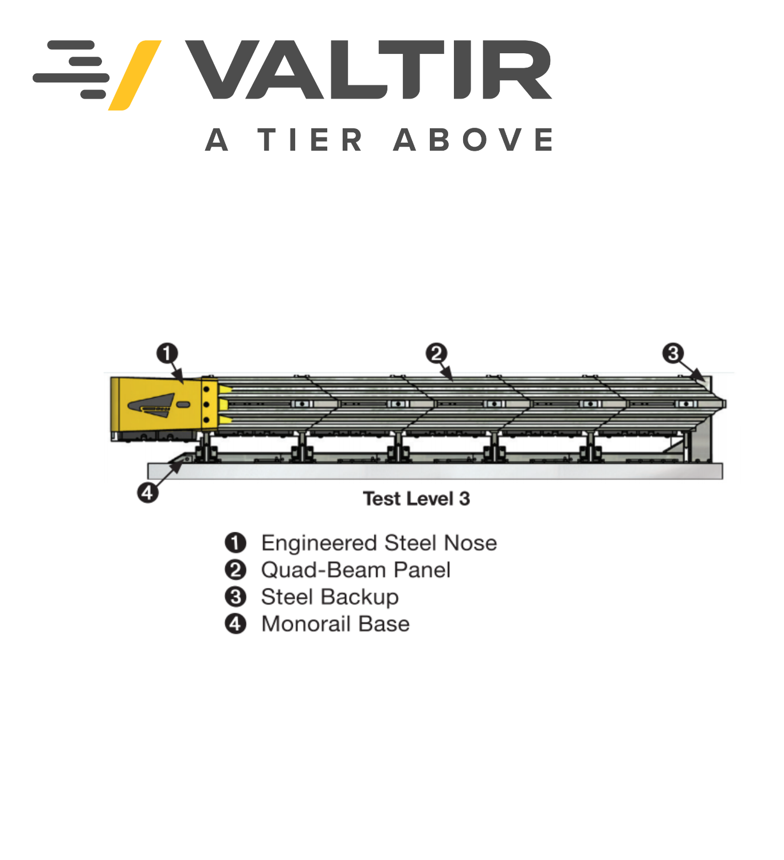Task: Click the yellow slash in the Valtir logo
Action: coord(135,76)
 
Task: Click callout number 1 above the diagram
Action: coord(167,354)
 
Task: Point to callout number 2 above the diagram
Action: coord(436,354)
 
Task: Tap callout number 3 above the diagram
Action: coord(673,354)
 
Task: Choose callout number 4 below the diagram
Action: coord(147,493)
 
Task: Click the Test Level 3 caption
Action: coord(417,498)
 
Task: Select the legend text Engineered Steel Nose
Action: coord(379,543)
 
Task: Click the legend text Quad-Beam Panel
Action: coord(356,570)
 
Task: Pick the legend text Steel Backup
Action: coord(330,597)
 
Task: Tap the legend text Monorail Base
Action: coord(335,624)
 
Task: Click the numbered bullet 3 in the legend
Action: coord(236,597)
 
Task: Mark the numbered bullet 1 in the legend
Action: coord(236,543)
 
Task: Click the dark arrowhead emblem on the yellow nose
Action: coord(151,405)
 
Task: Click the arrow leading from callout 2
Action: coord(446,372)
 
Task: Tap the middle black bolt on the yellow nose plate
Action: coord(206,405)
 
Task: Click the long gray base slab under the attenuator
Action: coord(435,471)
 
